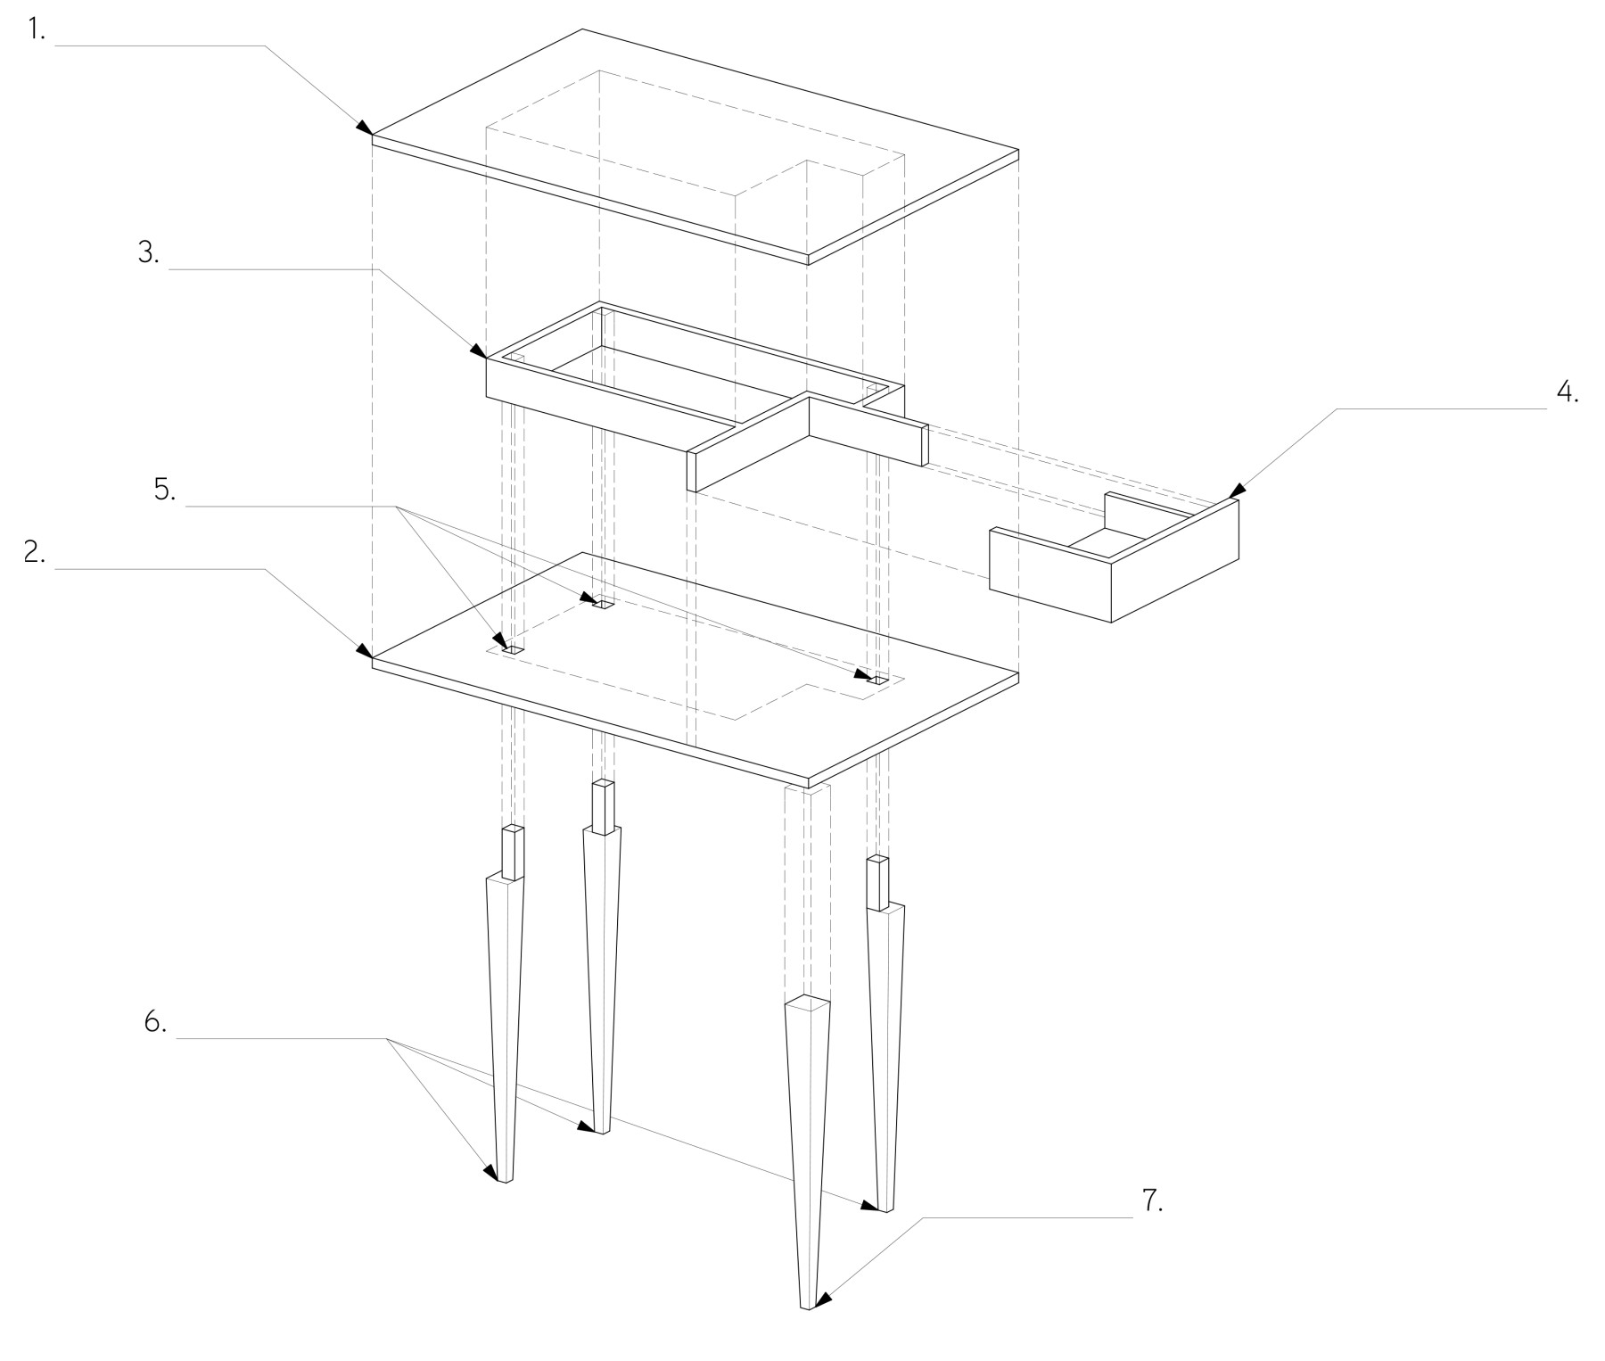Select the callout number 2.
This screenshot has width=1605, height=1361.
(35, 552)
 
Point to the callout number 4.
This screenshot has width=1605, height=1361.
(1568, 393)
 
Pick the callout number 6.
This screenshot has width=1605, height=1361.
(155, 1022)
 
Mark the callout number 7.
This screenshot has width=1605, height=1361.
(1152, 1201)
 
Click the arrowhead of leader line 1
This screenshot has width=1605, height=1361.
(366, 127)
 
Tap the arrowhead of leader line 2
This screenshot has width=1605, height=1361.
(366, 649)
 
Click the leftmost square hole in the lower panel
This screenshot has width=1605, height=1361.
(513, 652)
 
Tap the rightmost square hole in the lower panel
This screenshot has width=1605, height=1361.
(879, 680)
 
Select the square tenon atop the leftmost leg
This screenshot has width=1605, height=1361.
(513, 854)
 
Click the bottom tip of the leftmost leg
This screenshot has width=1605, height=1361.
(505, 1181)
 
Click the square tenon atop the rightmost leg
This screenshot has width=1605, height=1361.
(879, 883)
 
